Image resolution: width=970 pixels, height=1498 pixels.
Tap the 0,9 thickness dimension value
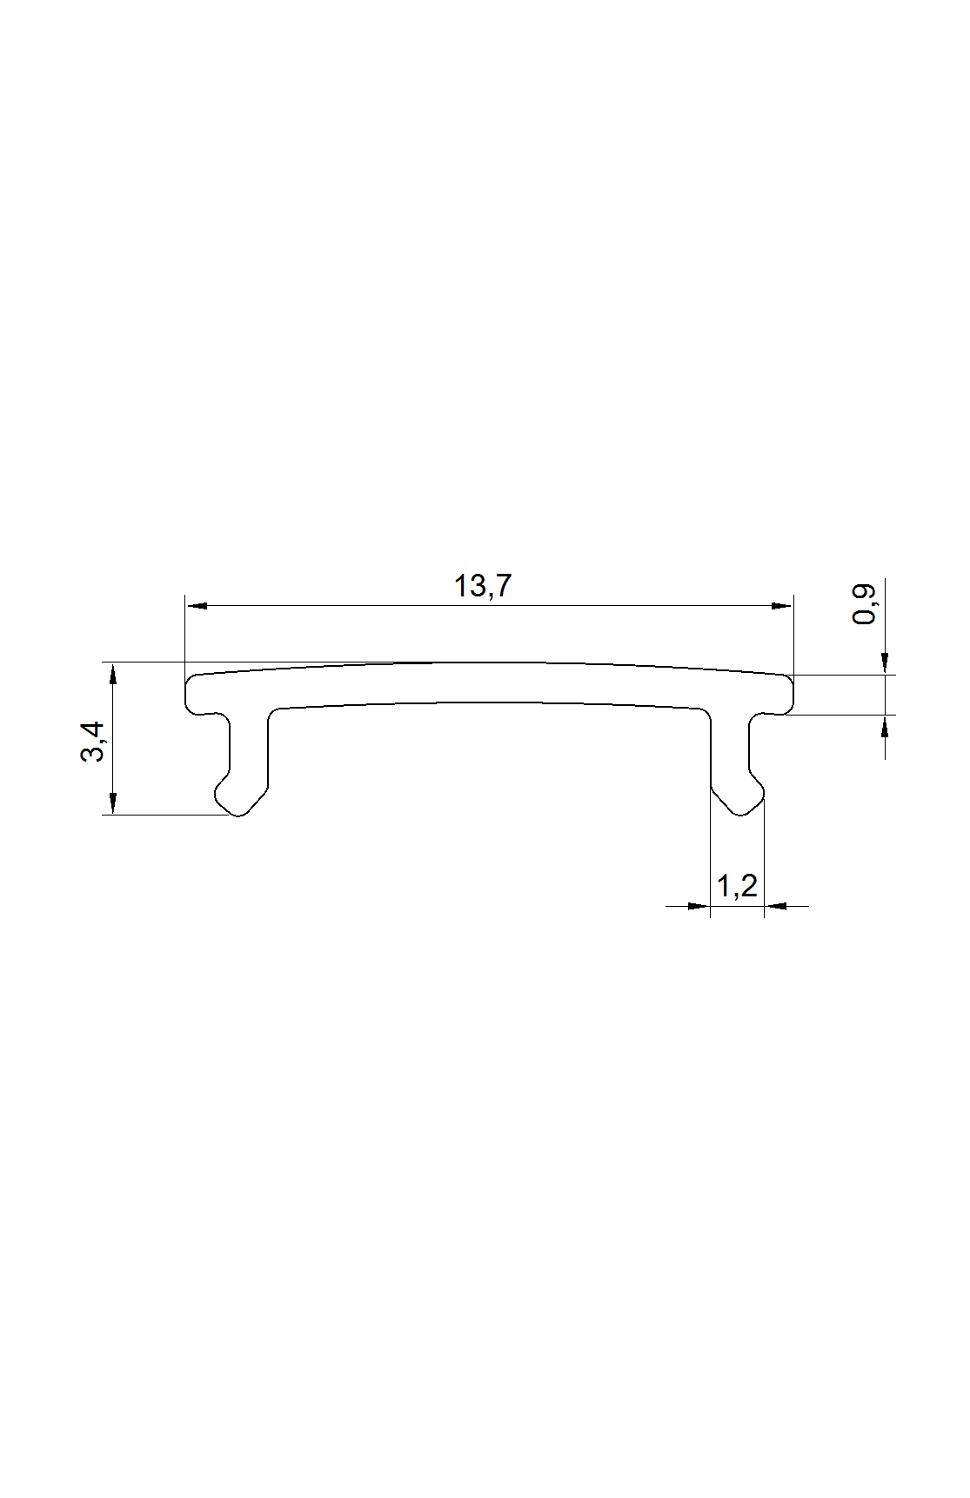[864, 603]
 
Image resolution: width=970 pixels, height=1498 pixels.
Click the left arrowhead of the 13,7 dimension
[197, 606]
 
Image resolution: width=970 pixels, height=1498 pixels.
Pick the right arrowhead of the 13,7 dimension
[782, 606]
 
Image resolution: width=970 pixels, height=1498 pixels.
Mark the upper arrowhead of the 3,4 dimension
[114, 673]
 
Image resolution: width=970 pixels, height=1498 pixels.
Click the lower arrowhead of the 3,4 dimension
[114, 804]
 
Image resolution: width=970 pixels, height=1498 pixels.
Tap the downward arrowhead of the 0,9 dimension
[885, 664]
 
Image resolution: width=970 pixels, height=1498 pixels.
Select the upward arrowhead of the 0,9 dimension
[885, 726]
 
